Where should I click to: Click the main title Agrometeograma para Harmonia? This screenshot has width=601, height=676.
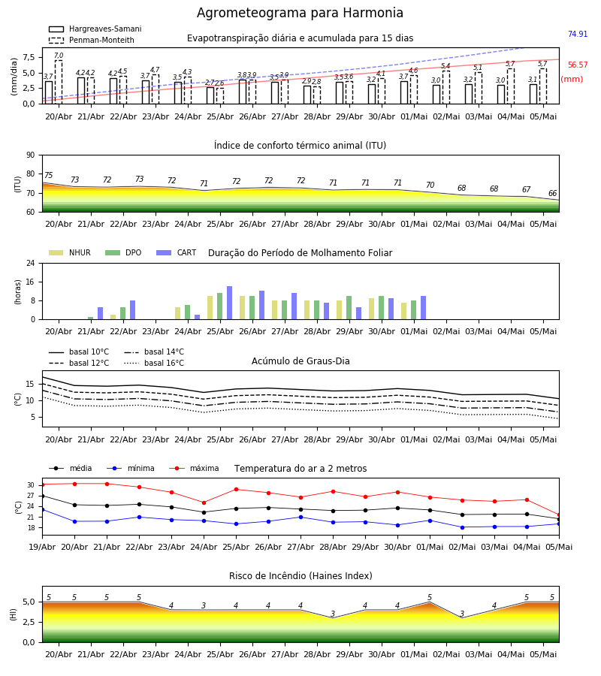click(x=300, y=13)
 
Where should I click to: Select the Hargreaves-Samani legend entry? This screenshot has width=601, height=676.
click(x=95, y=29)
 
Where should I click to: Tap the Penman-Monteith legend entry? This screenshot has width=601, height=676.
click(x=92, y=40)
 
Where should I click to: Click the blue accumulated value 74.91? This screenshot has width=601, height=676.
click(x=578, y=34)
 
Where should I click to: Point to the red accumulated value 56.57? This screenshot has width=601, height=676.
click(x=578, y=65)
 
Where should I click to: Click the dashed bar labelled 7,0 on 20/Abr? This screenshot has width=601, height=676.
click(x=58, y=82)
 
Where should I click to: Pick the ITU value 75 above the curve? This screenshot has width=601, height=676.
click(x=48, y=175)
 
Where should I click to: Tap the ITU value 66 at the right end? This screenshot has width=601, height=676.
click(x=552, y=193)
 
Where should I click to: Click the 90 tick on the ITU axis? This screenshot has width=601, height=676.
click(x=31, y=155)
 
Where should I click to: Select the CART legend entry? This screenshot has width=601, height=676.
click(x=177, y=252)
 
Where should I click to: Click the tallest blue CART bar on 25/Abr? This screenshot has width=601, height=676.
click(x=229, y=303)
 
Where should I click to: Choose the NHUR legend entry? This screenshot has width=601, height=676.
click(x=70, y=252)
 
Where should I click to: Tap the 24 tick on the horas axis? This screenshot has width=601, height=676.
click(x=31, y=263)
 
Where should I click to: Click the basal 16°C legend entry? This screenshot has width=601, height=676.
click(x=154, y=363)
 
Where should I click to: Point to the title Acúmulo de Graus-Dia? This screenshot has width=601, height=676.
click(x=300, y=361)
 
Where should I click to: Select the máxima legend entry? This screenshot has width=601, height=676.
click(x=194, y=468)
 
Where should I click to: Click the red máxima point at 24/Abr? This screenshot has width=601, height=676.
click(x=204, y=502)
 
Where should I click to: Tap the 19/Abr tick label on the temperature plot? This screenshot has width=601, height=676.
click(x=42, y=547)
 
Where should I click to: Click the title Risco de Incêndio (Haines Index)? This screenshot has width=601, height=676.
click(x=300, y=576)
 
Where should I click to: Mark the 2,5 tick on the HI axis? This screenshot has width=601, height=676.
click(x=29, y=622)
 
